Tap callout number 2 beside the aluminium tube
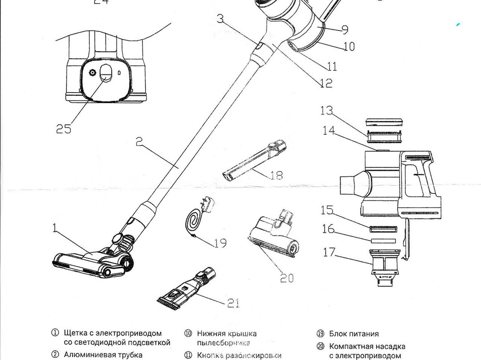[139, 142]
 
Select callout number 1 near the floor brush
[55, 229]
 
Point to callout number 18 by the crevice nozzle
[276, 175]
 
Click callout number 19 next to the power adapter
[220, 243]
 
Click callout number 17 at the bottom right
[330, 252]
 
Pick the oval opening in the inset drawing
[106, 73]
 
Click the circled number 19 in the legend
[320, 334]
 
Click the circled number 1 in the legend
[55, 333]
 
